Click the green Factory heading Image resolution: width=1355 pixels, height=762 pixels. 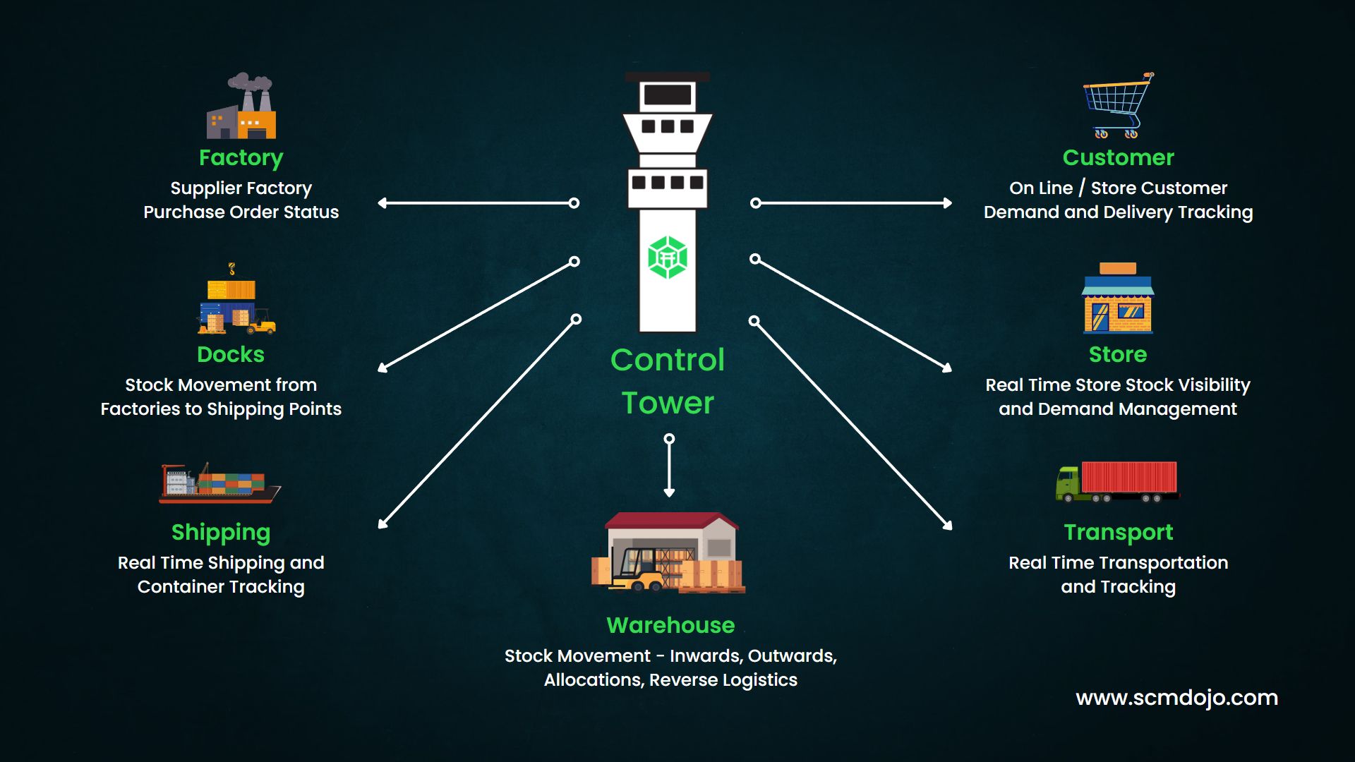pyautogui.click(x=241, y=157)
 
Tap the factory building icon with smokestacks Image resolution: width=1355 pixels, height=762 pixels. pyautogui.click(x=241, y=107)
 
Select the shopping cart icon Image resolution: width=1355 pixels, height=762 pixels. pyautogui.click(x=1117, y=105)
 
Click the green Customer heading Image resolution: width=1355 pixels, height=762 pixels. pyautogui.click(x=1118, y=157)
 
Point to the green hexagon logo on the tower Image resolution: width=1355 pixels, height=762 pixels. pyautogui.click(x=668, y=258)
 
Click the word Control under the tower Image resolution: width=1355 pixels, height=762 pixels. pyautogui.click(x=667, y=360)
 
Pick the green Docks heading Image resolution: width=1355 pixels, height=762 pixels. pyautogui.click(x=231, y=354)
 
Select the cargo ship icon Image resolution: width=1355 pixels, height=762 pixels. pyautogui.click(x=219, y=483)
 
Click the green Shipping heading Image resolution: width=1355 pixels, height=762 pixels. pyautogui.click(x=221, y=532)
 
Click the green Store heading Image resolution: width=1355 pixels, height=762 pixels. pyautogui.click(x=1118, y=354)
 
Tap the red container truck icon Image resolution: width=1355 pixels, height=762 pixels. pyautogui.click(x=1117, y=481)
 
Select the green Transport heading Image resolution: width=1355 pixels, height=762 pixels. pyautogui.click(x=1118, y=532)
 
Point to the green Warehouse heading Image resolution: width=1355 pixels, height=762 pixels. pyautogui.click(x=670, y=625)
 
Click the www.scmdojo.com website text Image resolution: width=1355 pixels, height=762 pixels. pyautogui.click(x=1176, y=698)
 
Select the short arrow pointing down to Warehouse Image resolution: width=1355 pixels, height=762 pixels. pyautogui.click(x=669, y=466)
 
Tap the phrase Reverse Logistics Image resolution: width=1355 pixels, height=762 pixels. pyautogui.click(x=723, y=680)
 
